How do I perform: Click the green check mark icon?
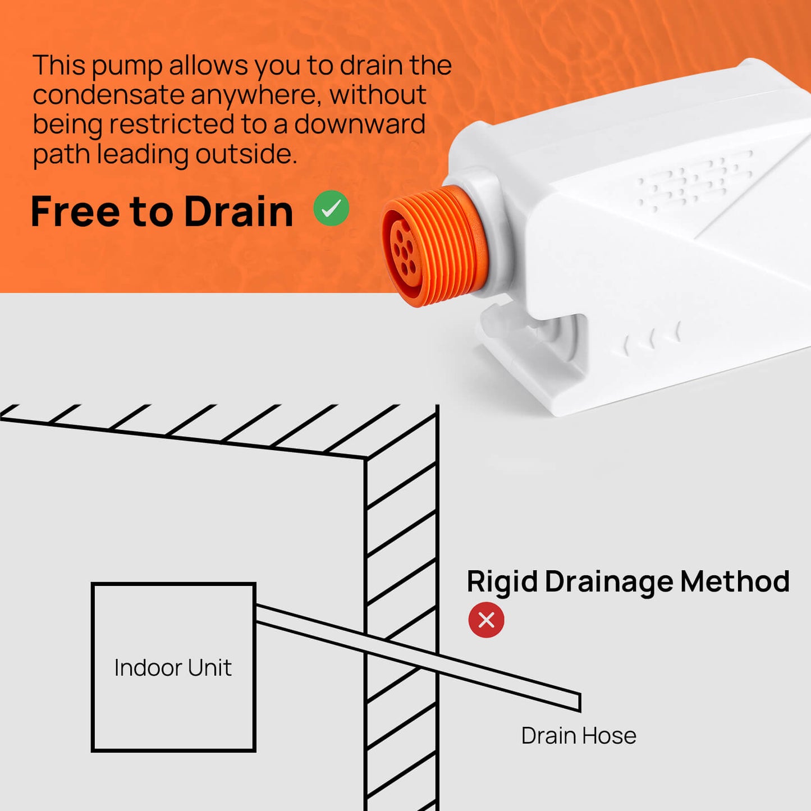coord(331,208)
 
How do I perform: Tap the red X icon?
coord(486,620)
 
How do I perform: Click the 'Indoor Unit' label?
coord(173,667)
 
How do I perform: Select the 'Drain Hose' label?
coord(579,736)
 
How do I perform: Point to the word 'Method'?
coord(735,581)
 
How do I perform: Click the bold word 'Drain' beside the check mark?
coord(239,211)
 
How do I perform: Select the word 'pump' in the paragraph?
coord(127,66)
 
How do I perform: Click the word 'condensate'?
coord(108,95)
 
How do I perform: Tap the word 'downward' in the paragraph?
coord(360,125)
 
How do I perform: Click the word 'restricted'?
coord(171,125)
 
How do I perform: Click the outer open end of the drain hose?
coord(580,702)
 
